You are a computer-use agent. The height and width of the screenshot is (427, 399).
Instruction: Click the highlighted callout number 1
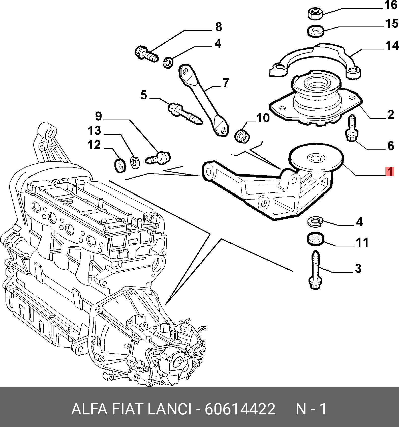coord(390,172)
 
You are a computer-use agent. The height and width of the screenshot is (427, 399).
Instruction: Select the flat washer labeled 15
coord(316,31)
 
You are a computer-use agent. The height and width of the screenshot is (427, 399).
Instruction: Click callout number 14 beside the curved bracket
coord(392,46)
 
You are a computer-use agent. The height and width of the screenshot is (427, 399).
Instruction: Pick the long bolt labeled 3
coord(315,270)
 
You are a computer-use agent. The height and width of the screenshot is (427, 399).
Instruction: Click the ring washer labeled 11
coord(315,239)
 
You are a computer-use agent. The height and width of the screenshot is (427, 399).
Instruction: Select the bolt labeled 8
coord(146,53)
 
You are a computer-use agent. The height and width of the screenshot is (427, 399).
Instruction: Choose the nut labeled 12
coord(120,166)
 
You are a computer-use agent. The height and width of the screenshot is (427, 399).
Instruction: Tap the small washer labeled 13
coord(135,162)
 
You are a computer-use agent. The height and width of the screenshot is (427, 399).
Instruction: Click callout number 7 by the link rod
coord(226,82)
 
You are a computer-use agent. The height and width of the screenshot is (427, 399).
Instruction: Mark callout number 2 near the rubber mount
coord(390,115)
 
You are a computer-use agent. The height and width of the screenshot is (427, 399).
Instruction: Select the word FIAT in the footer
coord(127,409)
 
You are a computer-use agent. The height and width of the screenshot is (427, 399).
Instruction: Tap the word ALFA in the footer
coord(89,409)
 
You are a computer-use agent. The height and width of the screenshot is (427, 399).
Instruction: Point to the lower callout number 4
coord(359,222)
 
